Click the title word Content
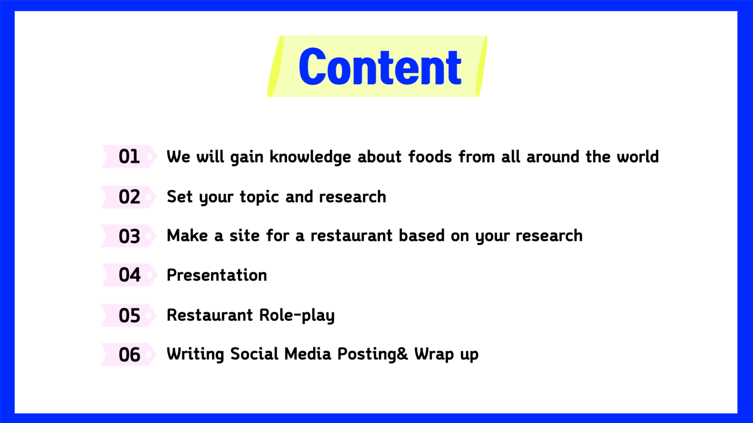[380, 67]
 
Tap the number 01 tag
[129, 156]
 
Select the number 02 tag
[129, 197]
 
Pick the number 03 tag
[129, 236]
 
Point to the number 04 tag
[129, 275]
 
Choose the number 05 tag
[129, 315]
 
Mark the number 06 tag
[129, 354]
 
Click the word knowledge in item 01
[310, 157]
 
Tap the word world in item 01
[638, 156]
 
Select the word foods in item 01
[430, 156]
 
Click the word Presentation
[217, 275]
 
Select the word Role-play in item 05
[297, 316]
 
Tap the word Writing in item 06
[195, 354]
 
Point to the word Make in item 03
[187, 236]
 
